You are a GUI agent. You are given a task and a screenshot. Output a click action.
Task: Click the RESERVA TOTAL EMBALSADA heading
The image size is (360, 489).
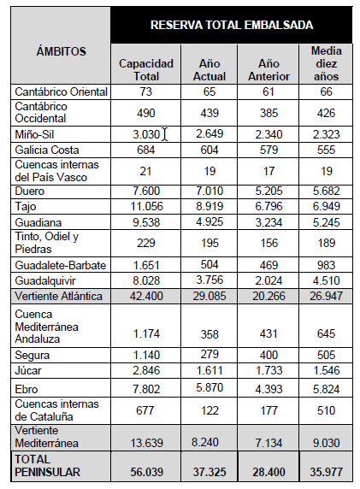point(232,25)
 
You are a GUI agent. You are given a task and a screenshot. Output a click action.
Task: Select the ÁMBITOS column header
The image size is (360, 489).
point(61,51)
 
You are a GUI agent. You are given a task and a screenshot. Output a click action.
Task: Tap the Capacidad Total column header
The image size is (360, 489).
point(146,70)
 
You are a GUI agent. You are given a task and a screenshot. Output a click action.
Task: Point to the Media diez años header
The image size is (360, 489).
point(326,63)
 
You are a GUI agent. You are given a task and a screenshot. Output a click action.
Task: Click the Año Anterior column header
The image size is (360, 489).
point(269,70)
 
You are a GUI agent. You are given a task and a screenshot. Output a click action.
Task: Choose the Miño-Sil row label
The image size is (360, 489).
point(34,134)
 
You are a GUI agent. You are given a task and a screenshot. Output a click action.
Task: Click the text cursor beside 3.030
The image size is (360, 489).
point(165,134)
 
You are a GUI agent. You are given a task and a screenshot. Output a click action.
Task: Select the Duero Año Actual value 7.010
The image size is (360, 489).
point(210,191)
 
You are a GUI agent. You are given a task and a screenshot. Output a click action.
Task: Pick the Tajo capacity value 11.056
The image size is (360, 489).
point(146,206)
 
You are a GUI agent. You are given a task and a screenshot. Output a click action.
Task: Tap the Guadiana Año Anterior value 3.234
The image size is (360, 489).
point(269,222)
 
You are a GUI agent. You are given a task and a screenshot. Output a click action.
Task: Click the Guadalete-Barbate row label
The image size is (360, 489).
point(61,265)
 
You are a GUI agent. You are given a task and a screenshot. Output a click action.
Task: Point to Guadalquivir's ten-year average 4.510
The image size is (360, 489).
point(326,280)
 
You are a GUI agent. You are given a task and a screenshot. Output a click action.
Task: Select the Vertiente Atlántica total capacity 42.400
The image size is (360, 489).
point(146,296)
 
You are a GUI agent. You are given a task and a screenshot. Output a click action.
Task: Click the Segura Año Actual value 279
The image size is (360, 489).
point(210,354)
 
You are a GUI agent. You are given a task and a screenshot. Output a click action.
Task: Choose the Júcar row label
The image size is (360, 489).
point(28,370)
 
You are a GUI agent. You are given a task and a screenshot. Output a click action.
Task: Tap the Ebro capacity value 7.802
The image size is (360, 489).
point(146,389)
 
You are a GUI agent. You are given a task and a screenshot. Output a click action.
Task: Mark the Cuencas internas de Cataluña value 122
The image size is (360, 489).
point(210,410)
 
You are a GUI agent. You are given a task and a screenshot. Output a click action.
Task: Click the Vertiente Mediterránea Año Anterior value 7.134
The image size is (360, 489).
point(269,443)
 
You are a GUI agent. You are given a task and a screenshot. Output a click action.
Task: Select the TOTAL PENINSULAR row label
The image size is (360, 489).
point(47,466)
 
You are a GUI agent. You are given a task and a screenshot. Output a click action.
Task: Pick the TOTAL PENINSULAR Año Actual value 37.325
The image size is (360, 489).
point(210,472)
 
